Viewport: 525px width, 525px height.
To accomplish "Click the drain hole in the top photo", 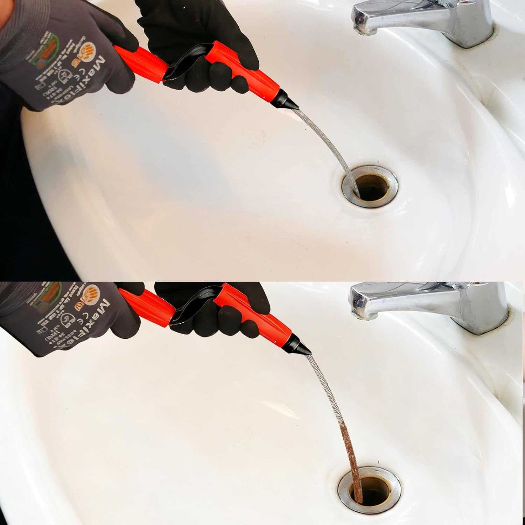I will tap(372, 187).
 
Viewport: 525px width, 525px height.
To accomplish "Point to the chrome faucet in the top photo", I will tap(420, 21).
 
